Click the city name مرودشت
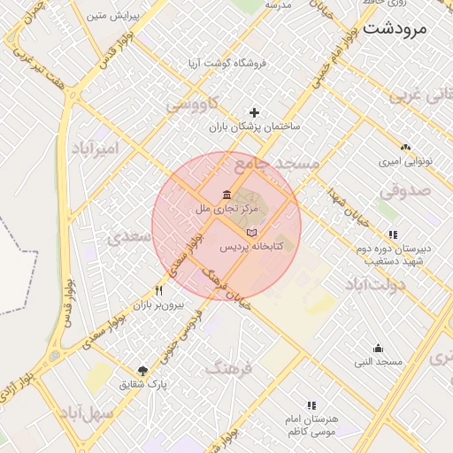395,27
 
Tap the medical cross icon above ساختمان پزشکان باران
255,112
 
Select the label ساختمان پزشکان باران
255,127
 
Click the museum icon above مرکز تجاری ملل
227,195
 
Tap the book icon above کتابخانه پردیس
251,232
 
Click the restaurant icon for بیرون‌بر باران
158,290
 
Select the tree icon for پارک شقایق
143,371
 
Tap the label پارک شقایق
143,385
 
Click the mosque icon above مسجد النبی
379,348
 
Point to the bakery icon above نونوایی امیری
405,148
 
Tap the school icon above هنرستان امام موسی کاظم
311,404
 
